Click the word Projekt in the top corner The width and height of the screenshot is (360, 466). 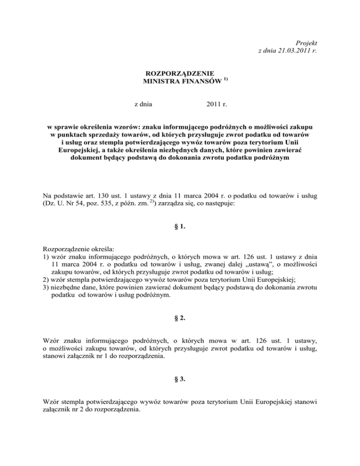[306, 43]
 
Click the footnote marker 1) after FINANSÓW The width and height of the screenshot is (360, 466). [226, 80]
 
